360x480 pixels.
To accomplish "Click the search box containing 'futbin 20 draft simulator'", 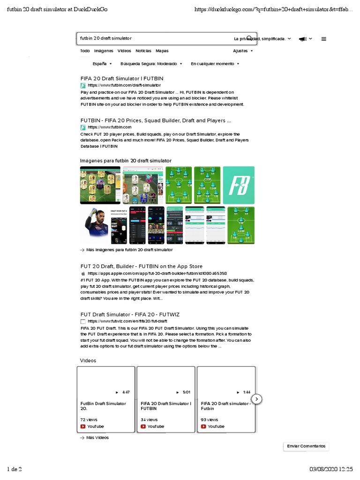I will tap(155, 38).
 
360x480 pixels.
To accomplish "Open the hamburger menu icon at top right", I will tap(324, 39).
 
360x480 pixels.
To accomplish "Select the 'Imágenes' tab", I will tap(104, 51).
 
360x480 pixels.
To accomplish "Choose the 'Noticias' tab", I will tap(143, 51).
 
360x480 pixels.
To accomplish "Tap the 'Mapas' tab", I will tap(162, 51).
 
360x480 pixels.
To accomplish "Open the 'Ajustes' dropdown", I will tap(243, 51).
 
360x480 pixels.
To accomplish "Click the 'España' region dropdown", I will tap(102, 64).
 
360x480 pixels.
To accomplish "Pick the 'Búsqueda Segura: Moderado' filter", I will tap(151, 64).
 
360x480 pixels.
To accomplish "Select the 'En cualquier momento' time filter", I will tap(215, 64).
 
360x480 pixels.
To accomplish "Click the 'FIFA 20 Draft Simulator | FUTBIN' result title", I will tap(122, 78).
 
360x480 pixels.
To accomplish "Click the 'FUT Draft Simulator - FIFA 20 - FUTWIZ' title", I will tap(130, 314).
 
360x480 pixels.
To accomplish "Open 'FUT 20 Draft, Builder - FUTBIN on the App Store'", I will tap(142, 266).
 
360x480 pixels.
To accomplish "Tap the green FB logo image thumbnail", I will tap(239, 185).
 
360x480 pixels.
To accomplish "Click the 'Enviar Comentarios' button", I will tap(306, 446).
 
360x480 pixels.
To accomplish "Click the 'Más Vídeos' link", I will tap(97, 437).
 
